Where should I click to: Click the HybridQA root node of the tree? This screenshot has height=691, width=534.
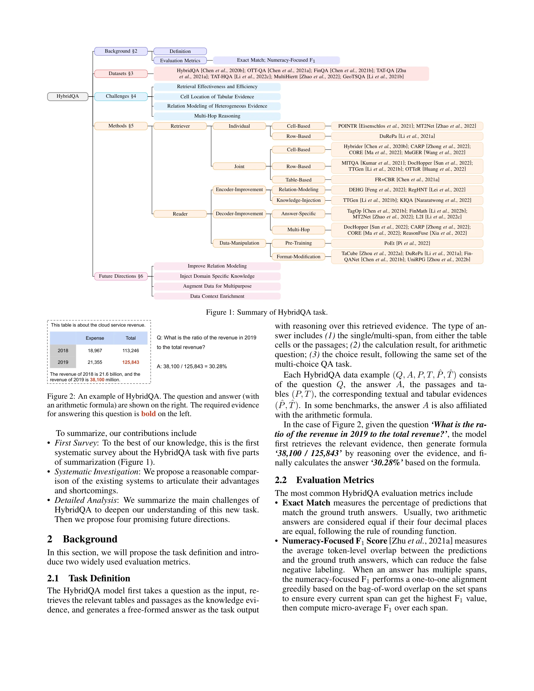(67, 96)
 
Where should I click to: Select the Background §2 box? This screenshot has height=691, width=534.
(121, 51)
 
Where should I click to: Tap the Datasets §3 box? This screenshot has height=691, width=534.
(121, 73)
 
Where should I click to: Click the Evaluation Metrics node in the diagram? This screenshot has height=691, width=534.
(180, 60)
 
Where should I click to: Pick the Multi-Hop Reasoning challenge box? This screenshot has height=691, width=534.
(217, 116)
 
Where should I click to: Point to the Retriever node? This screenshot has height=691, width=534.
(180, 126)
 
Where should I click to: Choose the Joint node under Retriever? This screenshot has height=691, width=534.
(239, 166)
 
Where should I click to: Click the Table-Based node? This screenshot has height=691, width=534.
(298, 180)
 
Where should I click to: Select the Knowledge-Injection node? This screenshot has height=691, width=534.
(298, 200)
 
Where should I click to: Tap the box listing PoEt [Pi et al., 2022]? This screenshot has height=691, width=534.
(407, 243)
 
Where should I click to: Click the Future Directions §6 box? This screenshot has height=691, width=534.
(121, 276)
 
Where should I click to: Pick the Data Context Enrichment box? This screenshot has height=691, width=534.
(217, 296)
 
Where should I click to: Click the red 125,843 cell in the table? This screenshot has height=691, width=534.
(131, 362)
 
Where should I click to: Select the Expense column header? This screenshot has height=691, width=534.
(95, 338)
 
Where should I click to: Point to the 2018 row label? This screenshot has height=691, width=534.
(63, 350)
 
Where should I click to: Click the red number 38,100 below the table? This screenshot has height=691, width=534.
(97, 380)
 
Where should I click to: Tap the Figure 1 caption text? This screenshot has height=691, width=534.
(267, 312)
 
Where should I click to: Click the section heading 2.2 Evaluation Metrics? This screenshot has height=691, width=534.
(324, 480)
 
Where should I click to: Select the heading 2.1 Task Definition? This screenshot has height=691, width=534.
(89, 578)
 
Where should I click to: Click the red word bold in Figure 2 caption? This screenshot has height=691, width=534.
(148, 414)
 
